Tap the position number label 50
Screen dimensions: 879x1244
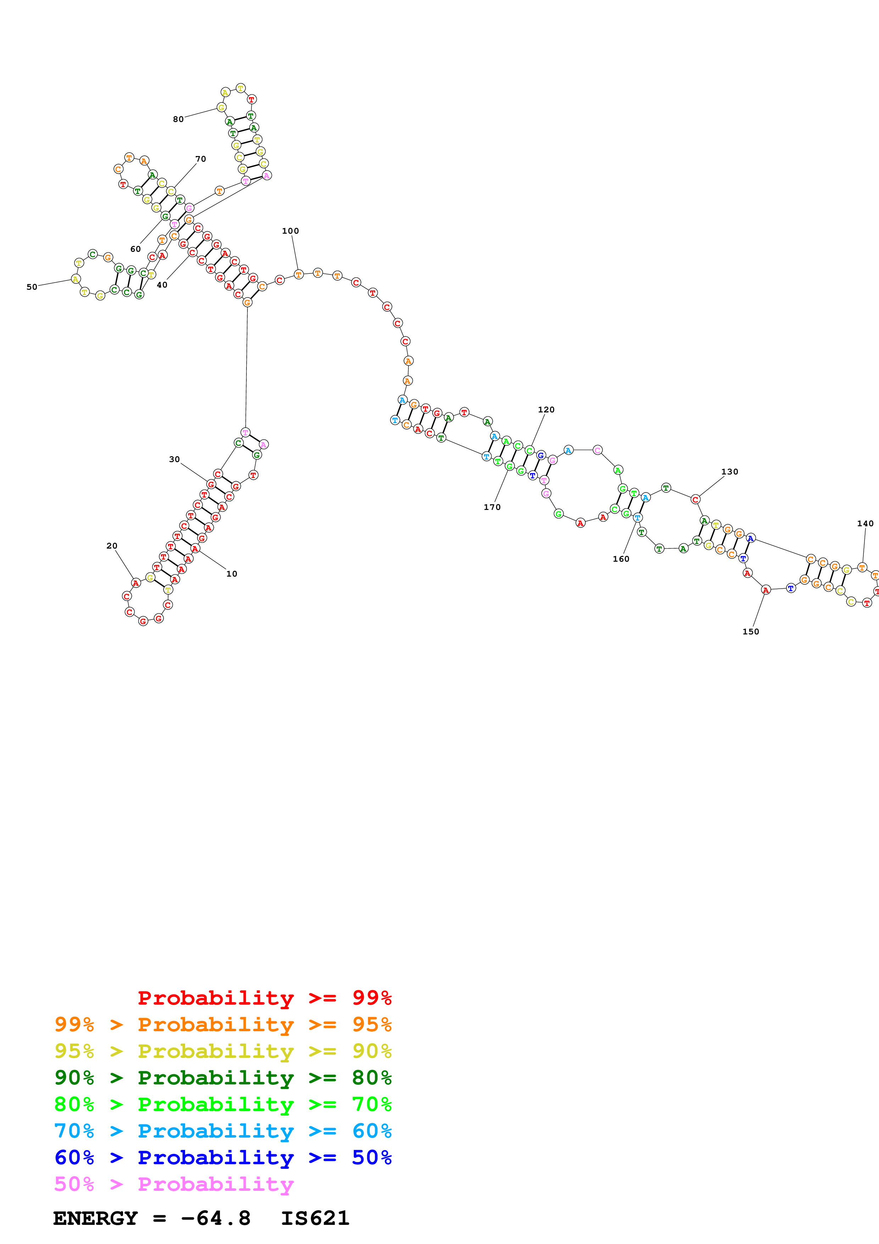pos(32,287)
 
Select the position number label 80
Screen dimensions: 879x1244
pos(178,119)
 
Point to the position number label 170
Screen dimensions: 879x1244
pos(492,507)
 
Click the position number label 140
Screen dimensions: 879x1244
pos(865,523)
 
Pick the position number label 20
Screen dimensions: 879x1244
pos(112,546)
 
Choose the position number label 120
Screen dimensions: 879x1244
pos(546,410)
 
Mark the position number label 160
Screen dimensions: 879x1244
pos(621,559)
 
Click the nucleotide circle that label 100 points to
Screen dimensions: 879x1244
pos(299,275)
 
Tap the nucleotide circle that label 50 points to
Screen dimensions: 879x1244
pos(76,279)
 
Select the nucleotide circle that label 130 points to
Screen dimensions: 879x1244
pos(695,500)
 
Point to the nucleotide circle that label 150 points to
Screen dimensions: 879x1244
pos(765,590)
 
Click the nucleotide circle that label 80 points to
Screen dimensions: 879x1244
pos(221,107)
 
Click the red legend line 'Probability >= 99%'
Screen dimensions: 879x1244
pos(264,998)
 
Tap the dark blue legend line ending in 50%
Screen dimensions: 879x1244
pos(223,1157)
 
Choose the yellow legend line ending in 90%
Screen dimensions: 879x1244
pos(223,1051)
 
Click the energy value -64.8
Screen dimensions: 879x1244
pos(216,1218)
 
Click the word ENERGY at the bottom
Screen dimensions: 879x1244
pos(95,1218)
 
